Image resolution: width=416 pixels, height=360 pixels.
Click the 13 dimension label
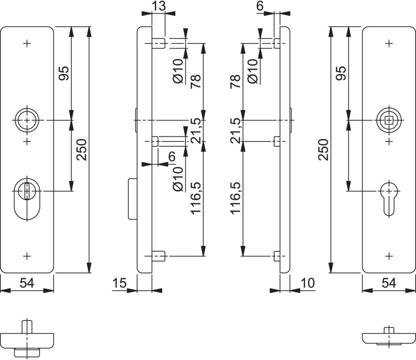click(159, 6)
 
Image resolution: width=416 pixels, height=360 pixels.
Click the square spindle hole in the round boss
click(389, 121)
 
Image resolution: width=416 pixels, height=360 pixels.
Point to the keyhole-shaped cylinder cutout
click(389, 197)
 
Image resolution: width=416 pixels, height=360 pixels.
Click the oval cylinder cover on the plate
click(27, 200)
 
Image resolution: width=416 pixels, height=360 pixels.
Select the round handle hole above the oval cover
click(27, 121)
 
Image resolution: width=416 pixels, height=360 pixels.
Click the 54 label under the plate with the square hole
click(389, 284)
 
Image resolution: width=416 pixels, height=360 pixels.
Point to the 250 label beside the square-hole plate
click(324, 150)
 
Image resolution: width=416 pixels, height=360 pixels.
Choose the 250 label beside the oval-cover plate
click(82, 150)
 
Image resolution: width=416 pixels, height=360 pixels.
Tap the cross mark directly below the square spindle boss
click(389, 142)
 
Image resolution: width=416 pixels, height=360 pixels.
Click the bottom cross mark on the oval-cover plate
click(27, 256)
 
